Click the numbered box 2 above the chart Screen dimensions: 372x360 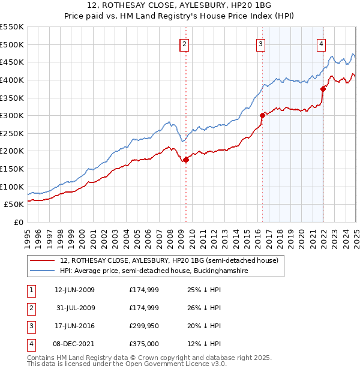(184, 44)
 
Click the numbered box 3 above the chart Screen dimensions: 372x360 (261, 44)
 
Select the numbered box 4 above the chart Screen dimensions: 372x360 (322, 44)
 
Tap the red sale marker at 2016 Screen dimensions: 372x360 (262, 115)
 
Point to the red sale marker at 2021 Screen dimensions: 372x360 (323, 89)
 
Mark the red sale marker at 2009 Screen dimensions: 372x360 (186, 160)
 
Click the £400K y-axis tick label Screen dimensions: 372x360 (12, 80)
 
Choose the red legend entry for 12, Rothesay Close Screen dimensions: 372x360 (169, 261)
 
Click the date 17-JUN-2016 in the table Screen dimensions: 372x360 (74, 327)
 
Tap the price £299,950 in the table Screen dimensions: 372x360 (144, 327)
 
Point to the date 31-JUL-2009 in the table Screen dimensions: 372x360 (74, 308)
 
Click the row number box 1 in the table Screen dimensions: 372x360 (31, 290)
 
